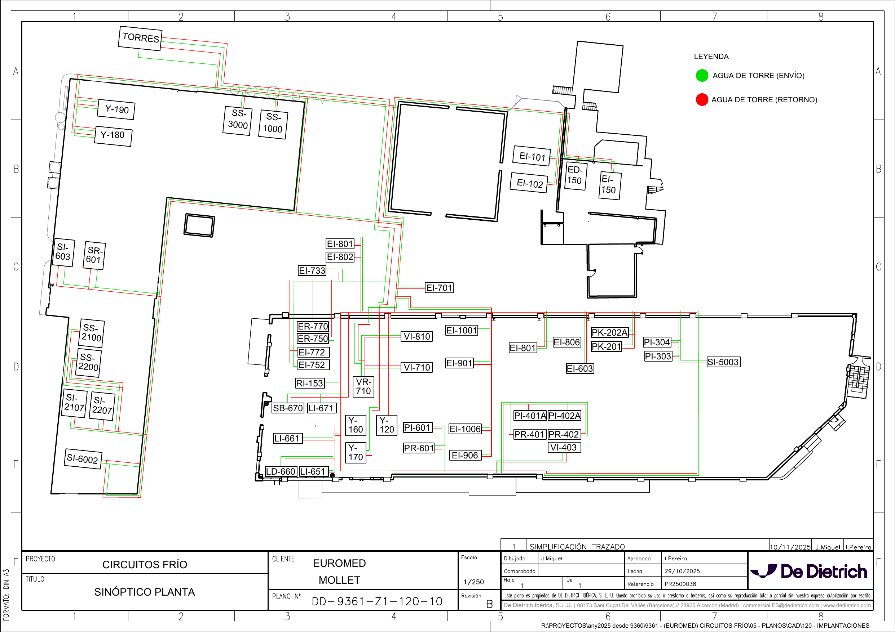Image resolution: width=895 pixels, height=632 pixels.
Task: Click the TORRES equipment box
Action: pyautogui.click(x=140, y=38)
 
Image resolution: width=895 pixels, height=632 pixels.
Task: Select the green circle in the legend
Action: pyautogui.click(x=702, y=76)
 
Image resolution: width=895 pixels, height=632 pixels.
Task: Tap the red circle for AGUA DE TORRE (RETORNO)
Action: pyautogui.click(x=702, y=100)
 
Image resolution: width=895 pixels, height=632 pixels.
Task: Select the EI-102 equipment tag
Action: pyautogui.click(x=530, y=183)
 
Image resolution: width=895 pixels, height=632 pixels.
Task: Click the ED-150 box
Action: pyautogui.click(x=576, y=175)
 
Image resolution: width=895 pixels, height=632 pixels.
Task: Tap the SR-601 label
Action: pyautogui.click(x=94, y=255)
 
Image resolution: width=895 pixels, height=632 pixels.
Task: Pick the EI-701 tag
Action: pyautogui.click(x=439, y=288)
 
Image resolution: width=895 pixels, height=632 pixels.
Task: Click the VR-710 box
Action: pyautogui.click(x=363, y=386)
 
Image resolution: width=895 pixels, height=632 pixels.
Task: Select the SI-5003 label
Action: pyautogui.click(x=723, y=362)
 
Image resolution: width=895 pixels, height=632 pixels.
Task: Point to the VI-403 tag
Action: pyautogui.click(x=564, y=447)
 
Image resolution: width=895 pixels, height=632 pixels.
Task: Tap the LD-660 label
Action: pyautogui.click(x=281, y=471)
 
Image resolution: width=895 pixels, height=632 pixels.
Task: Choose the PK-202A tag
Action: pyautogui.click(x=610, y=332)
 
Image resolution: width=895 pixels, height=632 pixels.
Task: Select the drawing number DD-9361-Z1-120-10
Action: pyautogui.click(x=377, y=602)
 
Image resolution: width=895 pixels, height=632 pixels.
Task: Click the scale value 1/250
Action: pyautogui.click(x=473, y=582)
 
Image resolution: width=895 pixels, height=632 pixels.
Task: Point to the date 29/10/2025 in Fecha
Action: pyautogui.click(x=682, y=571)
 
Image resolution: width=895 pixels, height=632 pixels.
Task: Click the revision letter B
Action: pyautogui.click(x=489, y=604)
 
